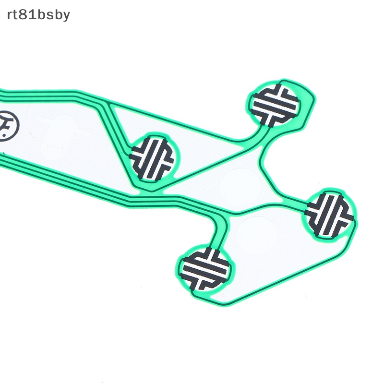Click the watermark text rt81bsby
(38, 15)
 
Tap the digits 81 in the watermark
(27, 14)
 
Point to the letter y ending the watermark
(66, 16)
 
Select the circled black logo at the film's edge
(8, 126)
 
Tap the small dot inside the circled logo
(4, 134)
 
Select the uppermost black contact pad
(276, 105)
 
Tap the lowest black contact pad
(206, 269)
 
